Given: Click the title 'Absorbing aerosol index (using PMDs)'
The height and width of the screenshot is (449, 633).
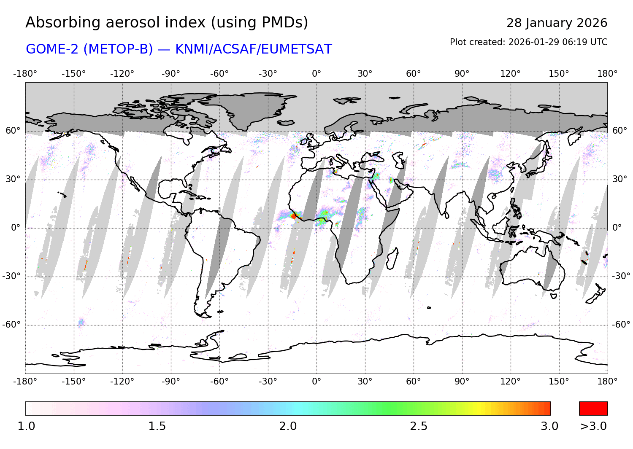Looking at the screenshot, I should (x=167, y=23).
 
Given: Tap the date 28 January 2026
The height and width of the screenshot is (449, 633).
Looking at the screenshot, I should (x=557, y=23).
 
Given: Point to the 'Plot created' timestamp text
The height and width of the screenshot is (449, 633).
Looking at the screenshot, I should (x=528, y=42).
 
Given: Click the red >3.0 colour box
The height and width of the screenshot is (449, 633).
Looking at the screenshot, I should (x=593, y=409).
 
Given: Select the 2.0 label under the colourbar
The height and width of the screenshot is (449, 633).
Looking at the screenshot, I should (x=288, y=426).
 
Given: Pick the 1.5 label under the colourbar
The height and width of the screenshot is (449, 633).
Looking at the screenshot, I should (x=157, y=426).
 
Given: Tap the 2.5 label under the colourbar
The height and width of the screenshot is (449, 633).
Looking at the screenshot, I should (x=419, y=426).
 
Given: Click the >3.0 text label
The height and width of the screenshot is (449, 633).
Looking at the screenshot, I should (x=593, y=426).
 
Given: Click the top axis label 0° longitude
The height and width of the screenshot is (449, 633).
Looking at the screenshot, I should (x=316, y=74).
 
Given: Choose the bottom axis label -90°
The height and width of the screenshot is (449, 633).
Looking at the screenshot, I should (x=170, y=382).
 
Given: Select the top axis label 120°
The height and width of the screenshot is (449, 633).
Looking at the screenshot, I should (x=510, y=74).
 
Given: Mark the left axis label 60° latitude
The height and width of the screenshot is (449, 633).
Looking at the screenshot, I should (x=13, y=131).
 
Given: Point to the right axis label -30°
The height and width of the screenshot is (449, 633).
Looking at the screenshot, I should (x=621, y=276).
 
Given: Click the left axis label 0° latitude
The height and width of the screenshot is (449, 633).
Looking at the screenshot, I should (x=15, y=228).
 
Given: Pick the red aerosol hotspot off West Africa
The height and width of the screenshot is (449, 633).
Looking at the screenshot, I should (x=294, y=216).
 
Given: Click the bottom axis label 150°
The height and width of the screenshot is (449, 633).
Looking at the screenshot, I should (x=559, y=382).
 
